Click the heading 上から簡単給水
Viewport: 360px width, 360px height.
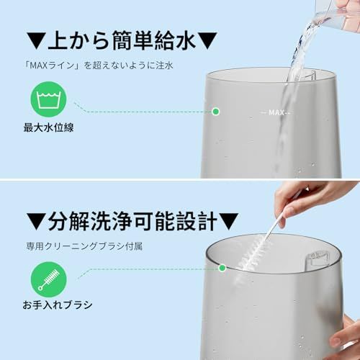pos(122,41)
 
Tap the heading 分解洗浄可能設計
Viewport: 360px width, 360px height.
pos(132,221)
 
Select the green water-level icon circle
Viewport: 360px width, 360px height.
pos(49,99)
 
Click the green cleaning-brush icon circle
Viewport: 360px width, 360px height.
pos(49,279)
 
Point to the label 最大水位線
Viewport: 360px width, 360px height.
pos(48,127)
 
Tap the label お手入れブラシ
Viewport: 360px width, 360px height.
pos(58,305)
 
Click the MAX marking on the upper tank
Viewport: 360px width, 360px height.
pos(276,112)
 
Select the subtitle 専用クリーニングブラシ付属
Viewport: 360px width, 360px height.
pos(84,246)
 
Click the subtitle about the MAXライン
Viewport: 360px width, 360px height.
pos(99,66)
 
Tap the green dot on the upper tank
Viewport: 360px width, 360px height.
pos(216,112)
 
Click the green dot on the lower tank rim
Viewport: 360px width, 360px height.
pos(222,268)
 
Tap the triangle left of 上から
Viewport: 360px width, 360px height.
pos(36,41)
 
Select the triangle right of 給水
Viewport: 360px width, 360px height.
pos(208,41)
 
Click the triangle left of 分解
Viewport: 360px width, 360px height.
pos(36,221)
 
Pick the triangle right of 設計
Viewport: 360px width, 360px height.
pos(229,221)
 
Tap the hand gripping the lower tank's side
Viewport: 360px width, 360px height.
pos(347,336)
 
